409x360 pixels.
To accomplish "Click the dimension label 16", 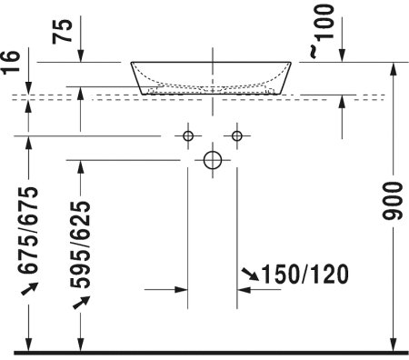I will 10,62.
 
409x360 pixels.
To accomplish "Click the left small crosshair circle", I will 188,136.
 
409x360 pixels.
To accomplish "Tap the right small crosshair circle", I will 237,136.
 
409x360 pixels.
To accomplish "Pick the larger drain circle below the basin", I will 213,161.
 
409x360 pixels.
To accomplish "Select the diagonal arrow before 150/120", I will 250,273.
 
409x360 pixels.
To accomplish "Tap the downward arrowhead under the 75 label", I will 81,57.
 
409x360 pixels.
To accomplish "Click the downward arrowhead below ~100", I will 342,57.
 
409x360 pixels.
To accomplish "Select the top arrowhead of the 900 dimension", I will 393,68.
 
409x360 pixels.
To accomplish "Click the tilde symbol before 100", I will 314,54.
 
